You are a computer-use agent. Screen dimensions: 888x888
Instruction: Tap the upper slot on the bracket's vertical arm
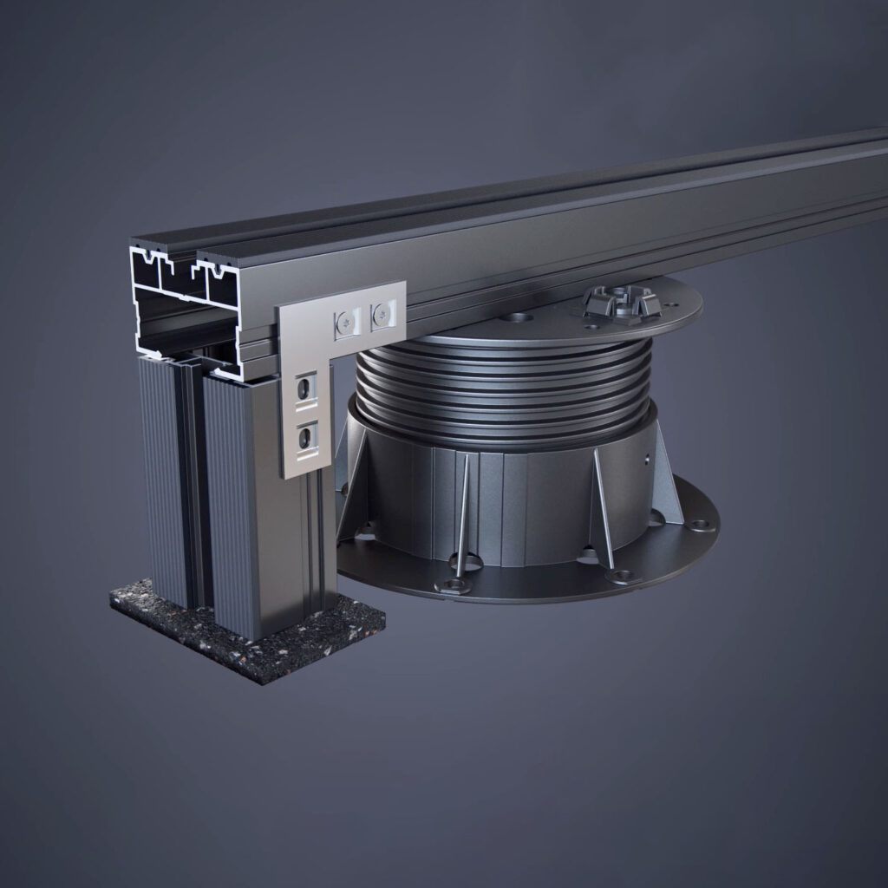304,389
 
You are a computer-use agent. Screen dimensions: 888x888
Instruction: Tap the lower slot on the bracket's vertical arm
305,438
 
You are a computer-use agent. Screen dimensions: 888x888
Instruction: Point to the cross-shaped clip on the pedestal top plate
622,304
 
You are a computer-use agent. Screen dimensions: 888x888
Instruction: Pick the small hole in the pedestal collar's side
646,458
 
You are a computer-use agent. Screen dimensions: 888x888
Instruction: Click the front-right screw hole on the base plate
623,575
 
